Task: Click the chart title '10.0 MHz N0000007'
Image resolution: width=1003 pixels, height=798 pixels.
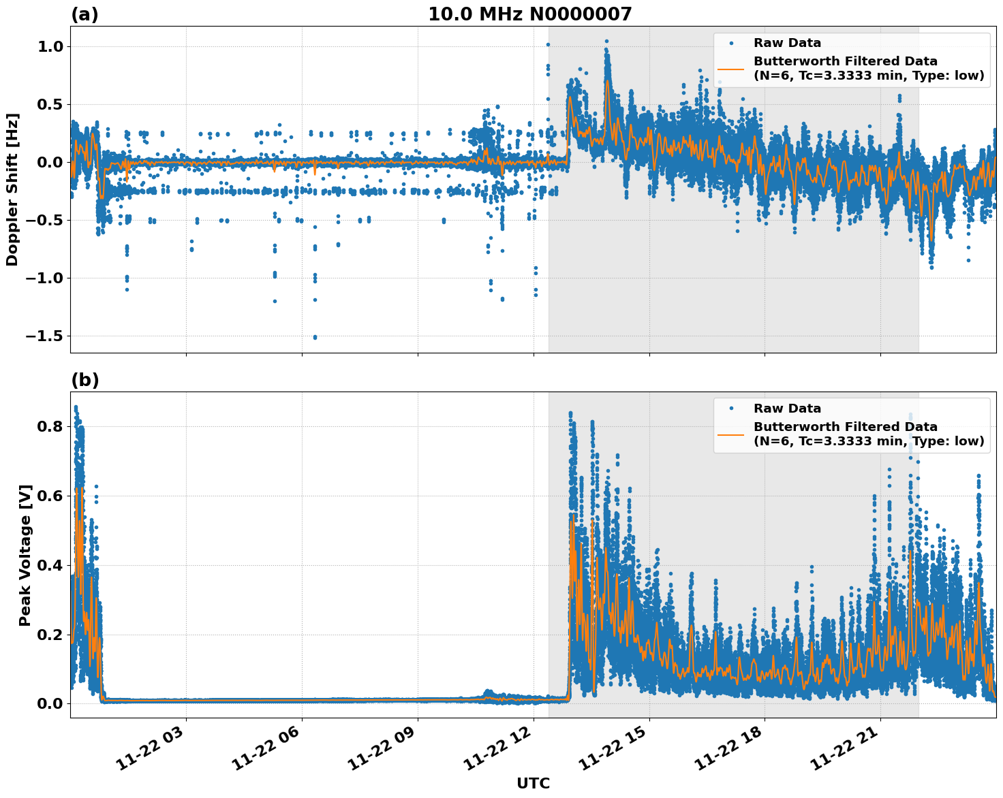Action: [x=529, y=14]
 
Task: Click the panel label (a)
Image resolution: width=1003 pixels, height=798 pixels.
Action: [x=84, y=14]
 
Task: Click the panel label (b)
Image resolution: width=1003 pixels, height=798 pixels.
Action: [x=84, y=380]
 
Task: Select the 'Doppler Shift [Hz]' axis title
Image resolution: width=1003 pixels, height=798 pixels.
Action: [x=12, y=189]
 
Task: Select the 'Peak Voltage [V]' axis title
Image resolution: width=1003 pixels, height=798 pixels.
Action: [x=25, y=570]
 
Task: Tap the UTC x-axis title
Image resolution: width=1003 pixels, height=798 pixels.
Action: [x=533, y=783]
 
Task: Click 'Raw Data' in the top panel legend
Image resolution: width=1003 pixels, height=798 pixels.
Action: [x=787, y=43]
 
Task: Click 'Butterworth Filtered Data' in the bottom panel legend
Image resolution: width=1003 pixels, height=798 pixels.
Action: [x=845, y=427]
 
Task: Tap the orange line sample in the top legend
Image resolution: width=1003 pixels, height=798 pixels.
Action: [x=730, y=69]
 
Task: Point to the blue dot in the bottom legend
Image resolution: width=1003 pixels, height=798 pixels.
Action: [x=730, y=409]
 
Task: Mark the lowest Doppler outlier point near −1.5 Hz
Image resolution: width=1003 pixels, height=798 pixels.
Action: [x=315, y=337]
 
